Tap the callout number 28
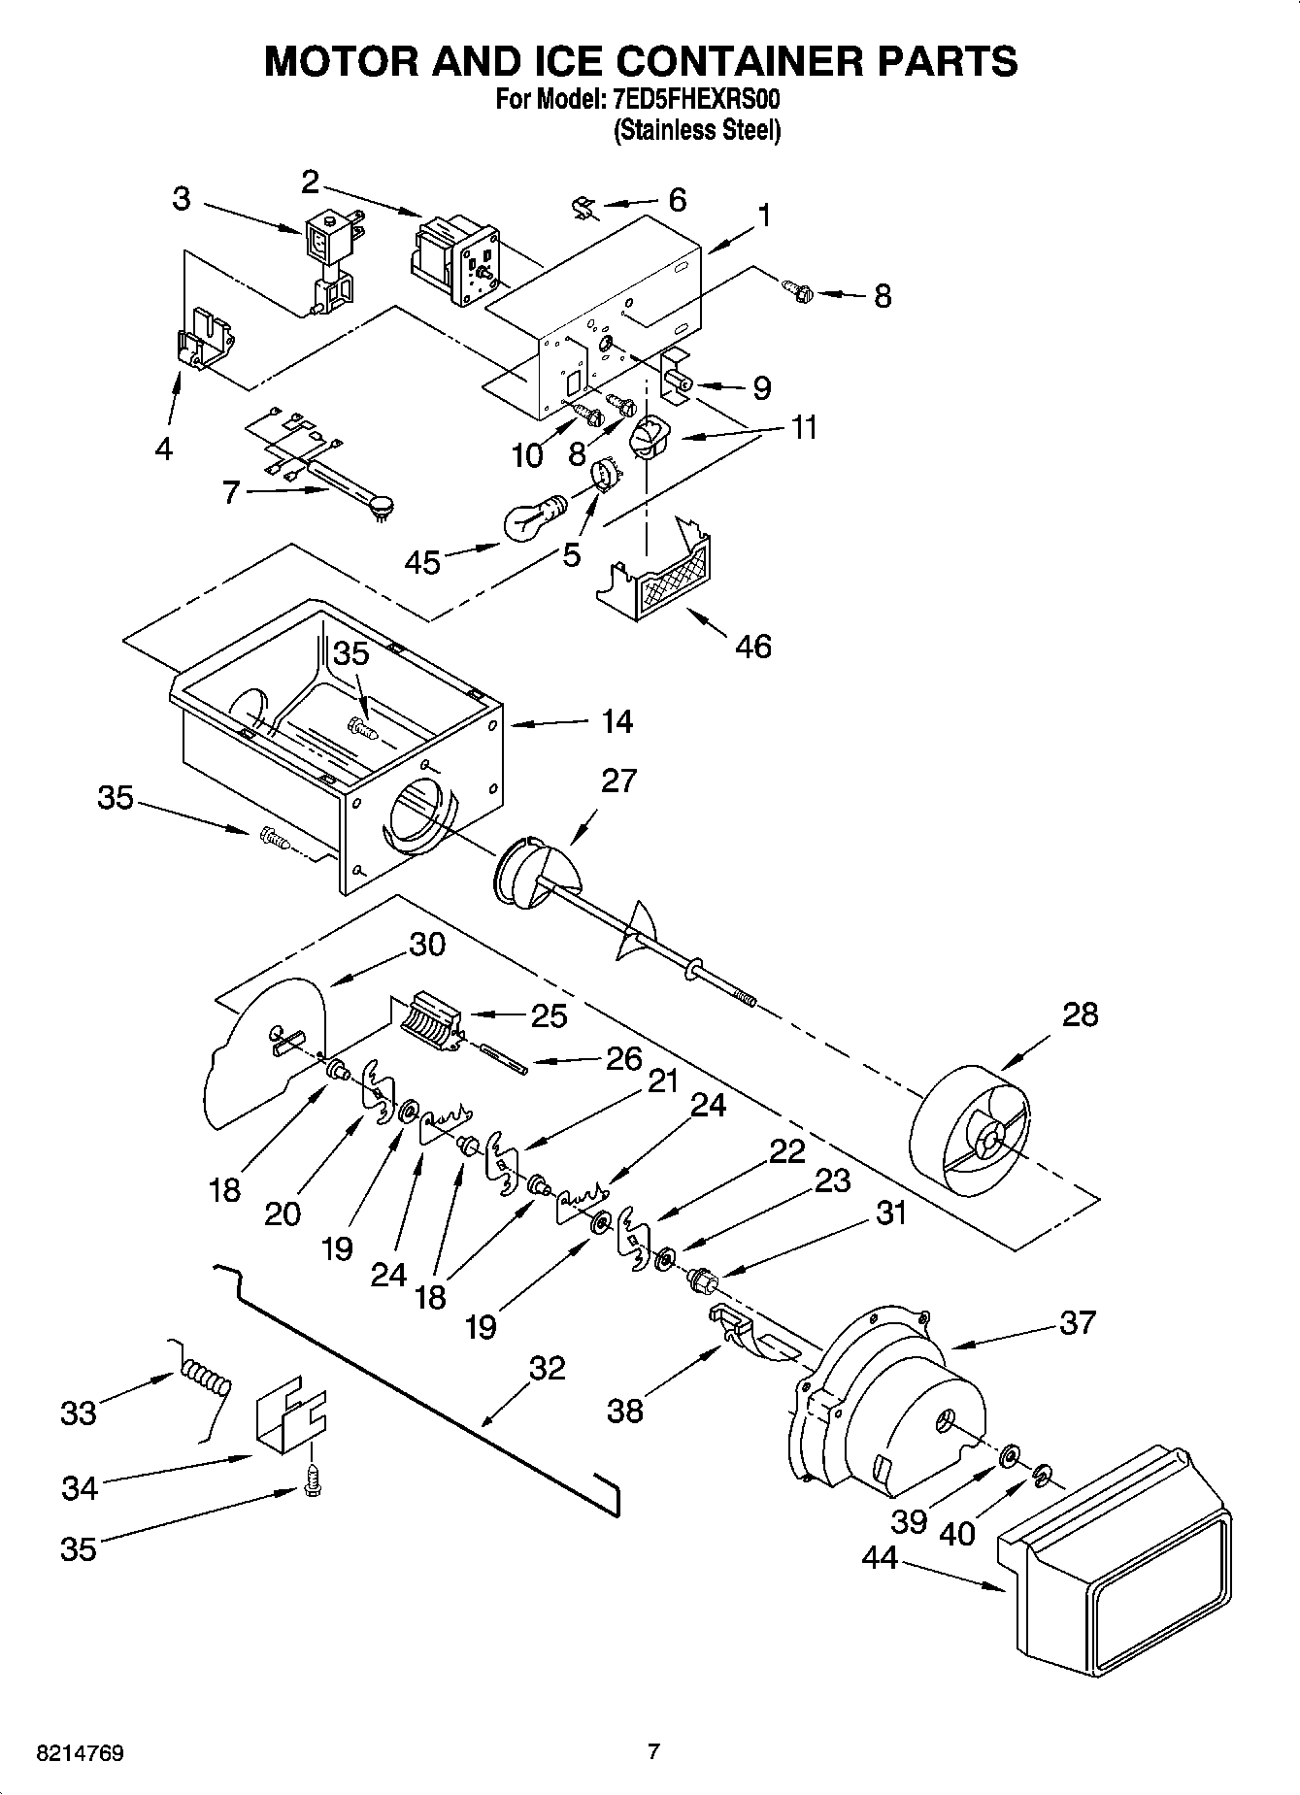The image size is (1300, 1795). point(1080,1014)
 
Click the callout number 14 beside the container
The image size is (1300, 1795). point(617,721)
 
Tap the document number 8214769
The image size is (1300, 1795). point(79,1753)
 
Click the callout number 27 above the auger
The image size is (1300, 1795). point(618,780)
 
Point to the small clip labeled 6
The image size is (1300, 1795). point(583,207)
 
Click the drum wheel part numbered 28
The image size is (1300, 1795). point(981,1131)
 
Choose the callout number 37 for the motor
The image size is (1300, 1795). point(1078,1322)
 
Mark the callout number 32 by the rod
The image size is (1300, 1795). point(548,1368)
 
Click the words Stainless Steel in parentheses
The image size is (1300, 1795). point(696,130)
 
